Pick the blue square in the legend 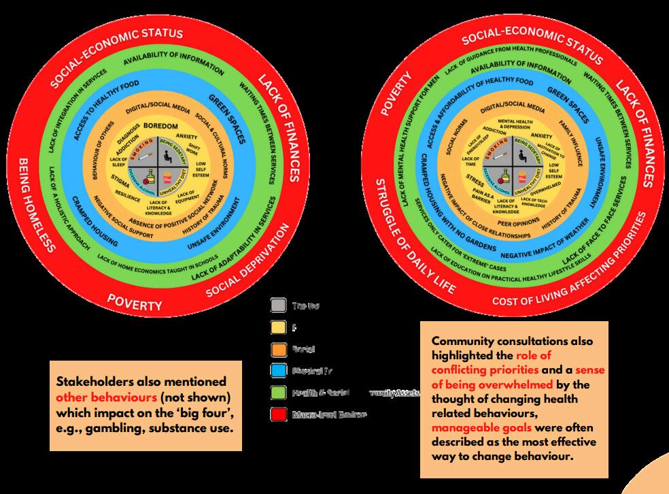pyautogui.click(x=277, y=371)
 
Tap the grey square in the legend pyautogui.click(x=277, y=306)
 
